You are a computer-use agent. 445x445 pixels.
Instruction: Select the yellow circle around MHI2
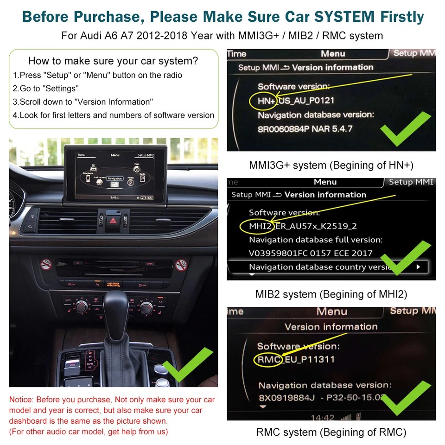tap(254, 226)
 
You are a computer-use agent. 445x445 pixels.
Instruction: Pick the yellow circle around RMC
tap(268, 359)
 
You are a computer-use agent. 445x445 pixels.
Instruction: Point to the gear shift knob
tap(114, 315)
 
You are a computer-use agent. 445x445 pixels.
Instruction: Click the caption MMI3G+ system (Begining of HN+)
tap(331, 165)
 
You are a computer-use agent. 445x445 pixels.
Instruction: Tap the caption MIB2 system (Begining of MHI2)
tap(331, 294)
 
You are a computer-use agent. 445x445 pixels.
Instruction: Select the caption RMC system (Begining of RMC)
tap(331, 432)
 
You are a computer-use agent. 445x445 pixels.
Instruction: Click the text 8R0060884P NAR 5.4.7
tap(305, 129)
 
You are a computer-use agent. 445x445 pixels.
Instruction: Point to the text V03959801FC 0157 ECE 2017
tap(311, 253)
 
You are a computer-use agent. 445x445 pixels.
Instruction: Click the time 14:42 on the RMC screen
tap(322, 418)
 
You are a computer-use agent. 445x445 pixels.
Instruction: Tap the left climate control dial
tap(83, 306)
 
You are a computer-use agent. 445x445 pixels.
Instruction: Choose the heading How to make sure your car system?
tap(113, 61)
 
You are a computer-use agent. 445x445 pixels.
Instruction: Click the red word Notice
tap(21, 400)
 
